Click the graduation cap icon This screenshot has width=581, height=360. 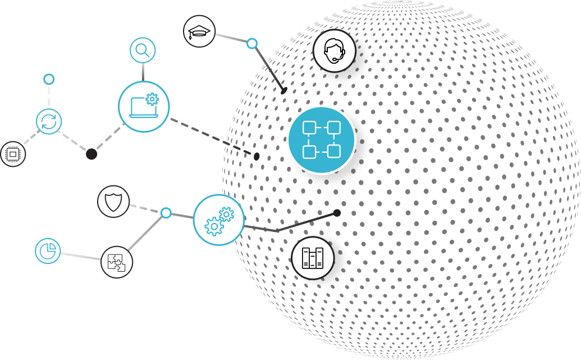point(199,31)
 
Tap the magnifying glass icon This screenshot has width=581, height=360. point(143,51)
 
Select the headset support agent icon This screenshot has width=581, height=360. point(335,51)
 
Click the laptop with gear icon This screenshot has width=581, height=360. point(144,107)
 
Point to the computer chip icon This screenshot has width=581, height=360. point(12,154)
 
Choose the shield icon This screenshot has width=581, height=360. point(113,202)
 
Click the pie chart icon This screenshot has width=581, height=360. point(48,250)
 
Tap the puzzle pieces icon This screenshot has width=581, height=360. point(117,262)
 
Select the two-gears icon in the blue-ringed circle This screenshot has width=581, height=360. point(218,220)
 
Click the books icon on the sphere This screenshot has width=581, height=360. point(313,258)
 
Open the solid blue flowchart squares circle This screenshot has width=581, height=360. point(322,139)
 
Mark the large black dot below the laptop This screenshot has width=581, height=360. point(92,154)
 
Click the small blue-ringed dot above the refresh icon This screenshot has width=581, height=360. point(49,79)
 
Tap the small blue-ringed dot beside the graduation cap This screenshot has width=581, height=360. point(252,43)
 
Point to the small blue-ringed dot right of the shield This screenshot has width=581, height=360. point(166,213)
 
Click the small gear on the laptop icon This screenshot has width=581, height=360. point(152,99)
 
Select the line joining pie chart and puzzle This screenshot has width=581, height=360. point(81,256)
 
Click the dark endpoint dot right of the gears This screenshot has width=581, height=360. point(337,213)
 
